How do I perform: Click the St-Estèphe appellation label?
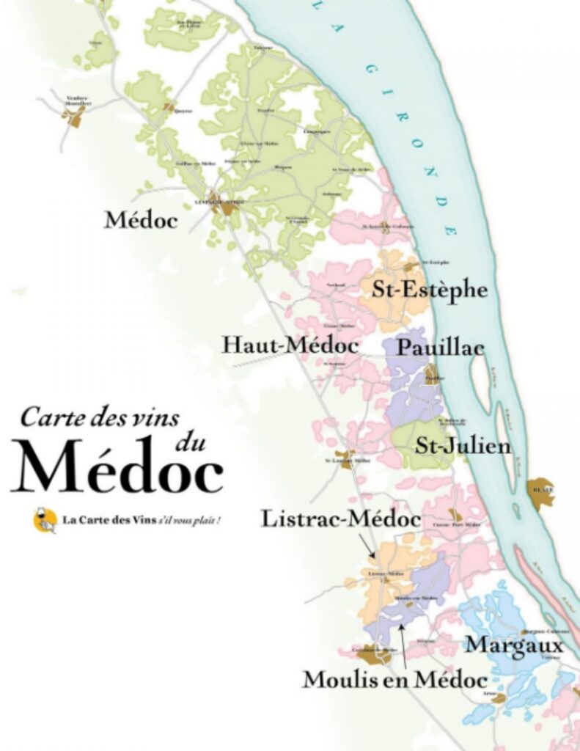click(429, 289)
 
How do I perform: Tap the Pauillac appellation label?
click(440, 347)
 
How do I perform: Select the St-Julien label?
click(463, 445)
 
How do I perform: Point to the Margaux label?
click(515, 645)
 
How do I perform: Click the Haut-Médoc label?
click(290, 345)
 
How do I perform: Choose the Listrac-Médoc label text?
click(340, 519)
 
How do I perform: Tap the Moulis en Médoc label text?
click(394, 679)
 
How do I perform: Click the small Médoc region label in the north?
click(141, 219)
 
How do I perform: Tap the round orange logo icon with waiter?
click(45, 520)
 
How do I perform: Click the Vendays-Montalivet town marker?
click(74, 117)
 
